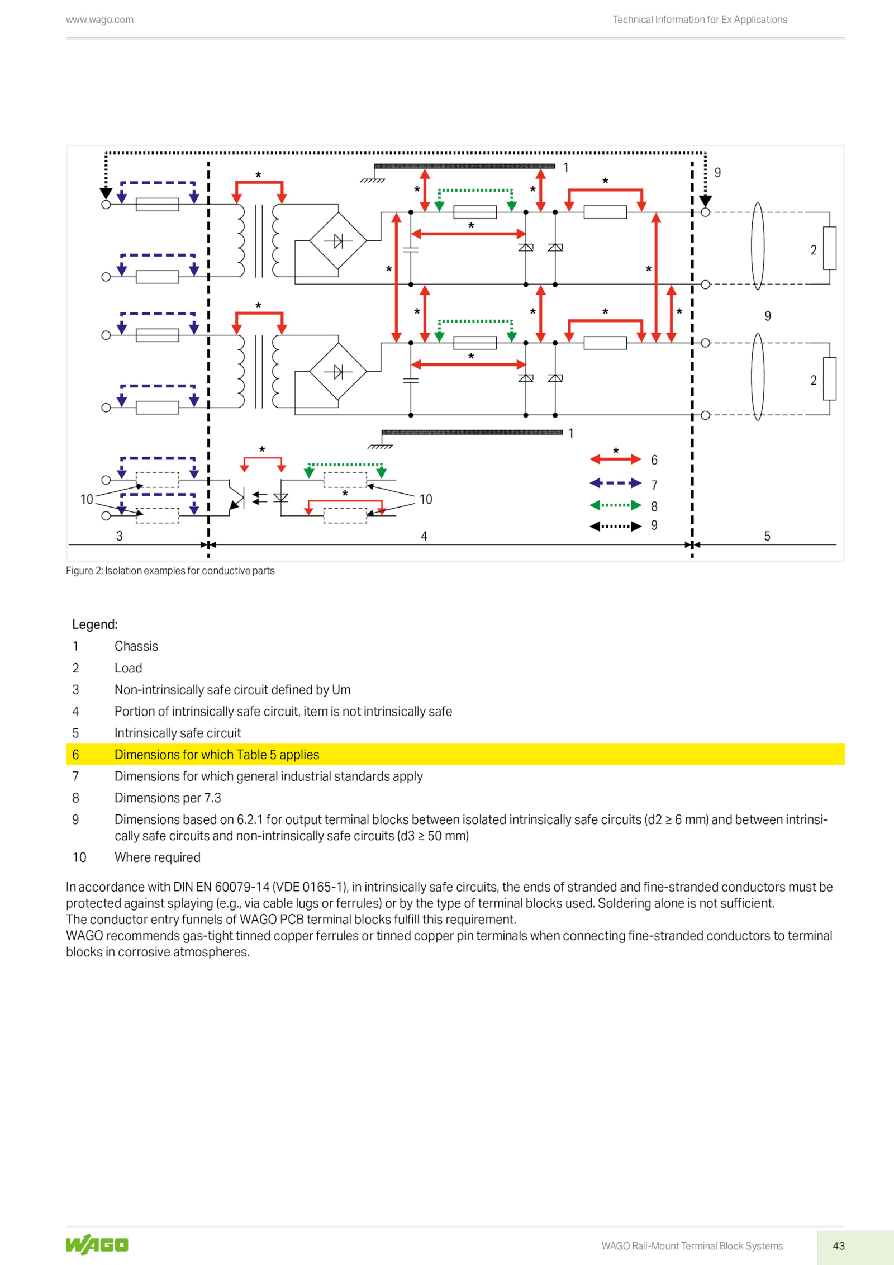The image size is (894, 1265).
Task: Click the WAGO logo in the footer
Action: click(97, 1244)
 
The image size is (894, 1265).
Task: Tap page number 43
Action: click(838, 1245)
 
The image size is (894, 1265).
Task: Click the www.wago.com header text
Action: click(99, 20)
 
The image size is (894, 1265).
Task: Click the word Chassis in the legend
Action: click(136, 646)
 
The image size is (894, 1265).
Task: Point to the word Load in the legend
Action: click(129, 668)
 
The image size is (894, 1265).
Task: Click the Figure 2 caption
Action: click(170, 570)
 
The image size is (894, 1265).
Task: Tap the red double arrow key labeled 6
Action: click(615, 459)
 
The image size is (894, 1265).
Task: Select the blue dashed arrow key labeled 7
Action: click(615, 483)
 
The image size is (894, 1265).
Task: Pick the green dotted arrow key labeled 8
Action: click(615, 505)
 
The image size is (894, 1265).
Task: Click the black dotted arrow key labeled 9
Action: click(615, 526)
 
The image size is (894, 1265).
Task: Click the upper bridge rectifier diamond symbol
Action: click(338, 240)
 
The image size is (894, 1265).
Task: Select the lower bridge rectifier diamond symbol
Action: click(338, 371)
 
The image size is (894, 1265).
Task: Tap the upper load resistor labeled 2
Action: click(829, 248)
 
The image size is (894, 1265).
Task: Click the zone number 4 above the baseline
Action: click(424, 536)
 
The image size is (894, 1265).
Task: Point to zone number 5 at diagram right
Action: click(767, 536)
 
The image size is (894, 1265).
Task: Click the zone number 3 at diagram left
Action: click(119, 536)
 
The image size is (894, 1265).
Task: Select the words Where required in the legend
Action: click(158, 857)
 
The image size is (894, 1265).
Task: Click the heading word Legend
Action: click(95, 624)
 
